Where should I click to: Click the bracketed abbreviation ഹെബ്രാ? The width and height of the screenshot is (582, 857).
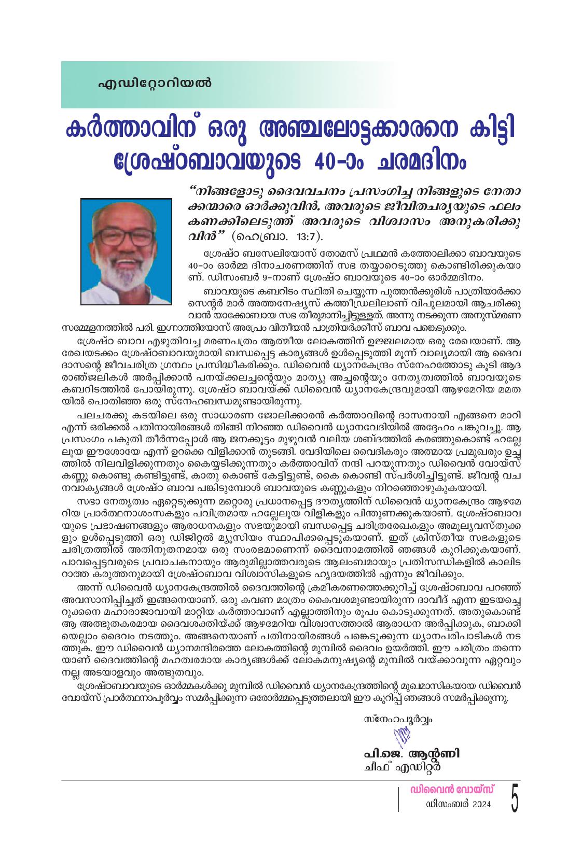[x=261, y=237]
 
